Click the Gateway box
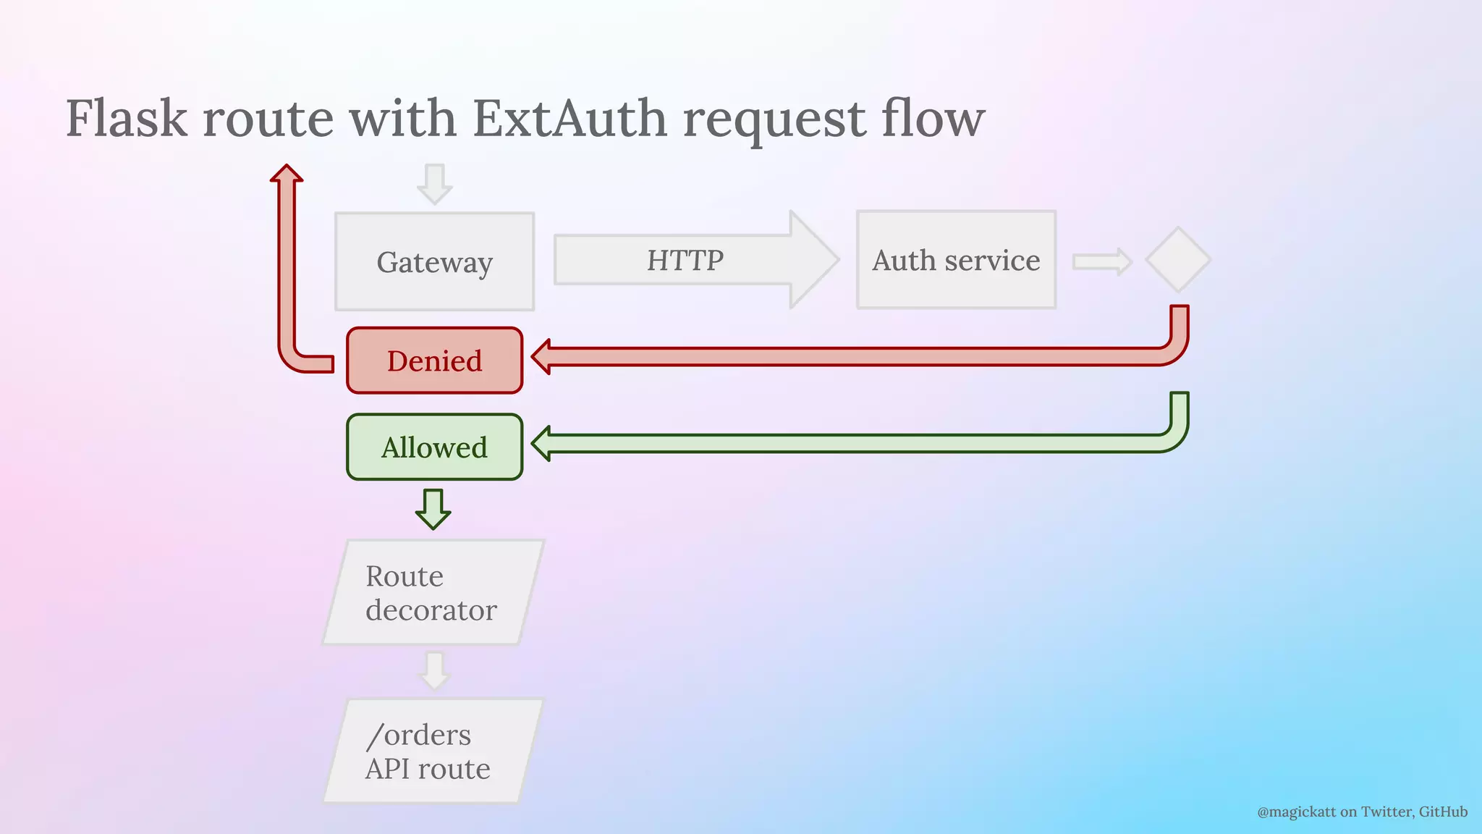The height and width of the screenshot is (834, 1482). (x=434, y=261)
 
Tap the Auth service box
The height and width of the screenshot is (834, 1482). (x=956, y=260)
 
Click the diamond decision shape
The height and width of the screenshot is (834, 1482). (x=1178, y=260)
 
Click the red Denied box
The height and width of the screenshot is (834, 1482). (x=434, y=361)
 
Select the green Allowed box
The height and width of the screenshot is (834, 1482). (x=434, y=447)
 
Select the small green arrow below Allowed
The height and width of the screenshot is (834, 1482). (x=433, y=510)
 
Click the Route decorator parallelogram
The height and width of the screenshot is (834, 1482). (x=433, y=592)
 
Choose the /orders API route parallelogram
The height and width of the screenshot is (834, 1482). (x=433, y=751)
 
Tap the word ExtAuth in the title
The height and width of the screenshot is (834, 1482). (x=569, y=118)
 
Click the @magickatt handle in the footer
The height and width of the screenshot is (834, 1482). (x=1296, y=812)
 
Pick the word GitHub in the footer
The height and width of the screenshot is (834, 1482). (x=1443, y=812)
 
